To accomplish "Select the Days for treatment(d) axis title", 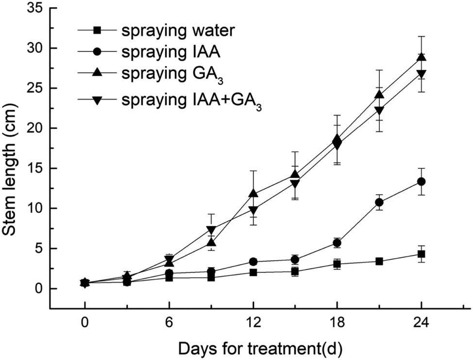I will pyautogui.click(x=262, y=348).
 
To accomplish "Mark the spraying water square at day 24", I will pyautogui.click(x=421, y=254).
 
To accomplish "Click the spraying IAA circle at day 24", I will pyautogui.click(x=421, y=181).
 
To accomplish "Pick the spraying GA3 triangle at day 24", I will pyautogui.click(x=421, y=57).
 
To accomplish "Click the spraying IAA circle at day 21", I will pyautogui.click(x=379, y=202).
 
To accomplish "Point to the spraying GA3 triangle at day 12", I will pyautogui.click(x=253, y=194).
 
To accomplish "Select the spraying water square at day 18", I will pyautogui.click(x=337, y=264).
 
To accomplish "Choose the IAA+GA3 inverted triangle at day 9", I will pyautogui.click(x=211, y=230).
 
